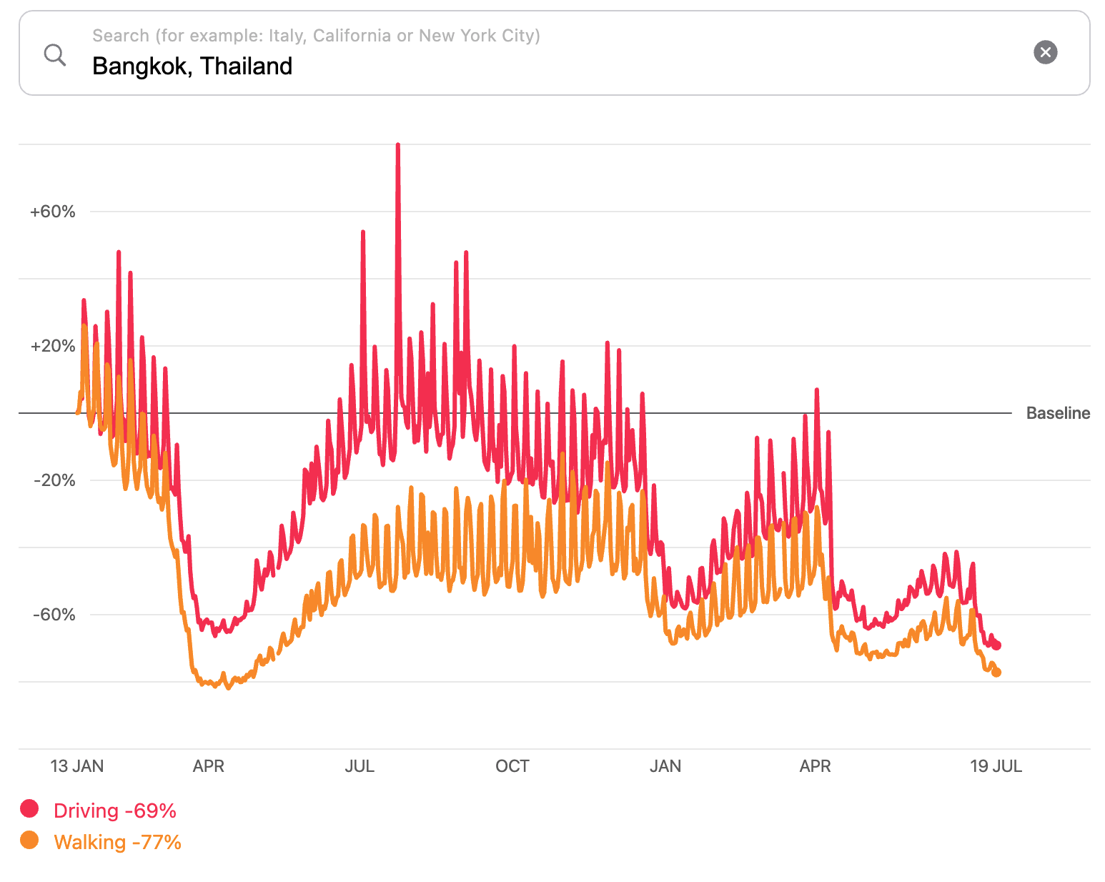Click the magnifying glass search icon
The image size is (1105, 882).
[x=55, y=54]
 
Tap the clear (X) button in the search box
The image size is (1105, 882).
[x=1045, y=52]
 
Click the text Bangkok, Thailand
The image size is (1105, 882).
[x=192, y=66]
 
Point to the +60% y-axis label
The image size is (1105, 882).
[x=52, y=212]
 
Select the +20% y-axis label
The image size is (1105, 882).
[x=52, y=346]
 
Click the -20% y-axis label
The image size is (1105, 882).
[x=54, y=480]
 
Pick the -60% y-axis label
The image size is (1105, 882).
[x=54, y=615]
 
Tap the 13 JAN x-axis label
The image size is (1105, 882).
[x=76, y=766]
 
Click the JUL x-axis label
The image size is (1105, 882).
[x=360, y=766]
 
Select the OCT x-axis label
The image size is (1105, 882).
[x=512, y=766]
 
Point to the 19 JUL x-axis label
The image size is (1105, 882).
[x=996, y=766]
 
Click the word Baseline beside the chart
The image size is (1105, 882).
[x=1058, y=413]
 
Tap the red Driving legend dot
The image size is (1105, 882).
[x=29, y=808]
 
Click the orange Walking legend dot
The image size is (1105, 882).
[x=29, y=840]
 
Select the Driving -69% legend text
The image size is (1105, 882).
[x=115, y=811]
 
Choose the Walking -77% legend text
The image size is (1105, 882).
[x=117, y=842]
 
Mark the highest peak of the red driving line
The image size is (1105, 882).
[x=397, y=145]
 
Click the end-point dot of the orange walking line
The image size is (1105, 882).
[x=996, y=673]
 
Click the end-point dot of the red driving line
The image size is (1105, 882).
[x=997, y=645]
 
